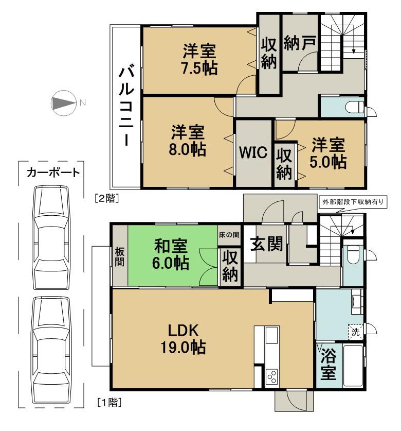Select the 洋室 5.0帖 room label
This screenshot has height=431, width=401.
[328, 153]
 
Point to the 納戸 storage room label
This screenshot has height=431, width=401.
[299, 44]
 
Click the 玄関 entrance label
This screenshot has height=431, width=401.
[266, 244]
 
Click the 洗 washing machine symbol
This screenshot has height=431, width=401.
[356, 332]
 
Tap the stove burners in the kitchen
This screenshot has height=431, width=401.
[272, 377]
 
